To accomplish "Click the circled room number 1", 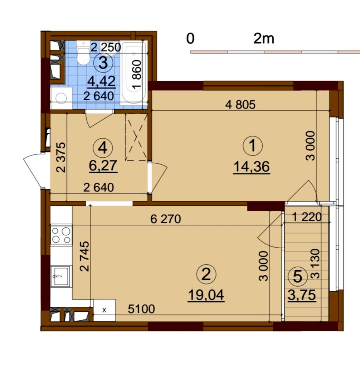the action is [253, 146].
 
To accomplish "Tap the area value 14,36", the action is [252, 167].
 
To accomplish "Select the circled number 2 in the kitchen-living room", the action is [206, 274].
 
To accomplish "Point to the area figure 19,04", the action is [206, 295].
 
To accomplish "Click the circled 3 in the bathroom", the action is [103, 63].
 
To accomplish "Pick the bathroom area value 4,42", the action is [102, 82].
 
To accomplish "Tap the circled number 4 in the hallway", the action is [103, 148].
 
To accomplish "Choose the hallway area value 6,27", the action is [103, 166].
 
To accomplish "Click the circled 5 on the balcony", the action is [298, 277].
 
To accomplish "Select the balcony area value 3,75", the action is [302, 295].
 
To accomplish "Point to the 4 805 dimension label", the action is [240, 104].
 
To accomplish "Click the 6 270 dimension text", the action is [166, 219].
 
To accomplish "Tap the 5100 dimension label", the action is [141, 309].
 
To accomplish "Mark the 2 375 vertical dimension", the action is [60, 157].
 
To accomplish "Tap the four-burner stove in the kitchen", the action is [61, 235].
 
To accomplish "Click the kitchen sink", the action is [61, 276].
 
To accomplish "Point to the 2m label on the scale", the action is [264, 39].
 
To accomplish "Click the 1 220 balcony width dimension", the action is [307, 217].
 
